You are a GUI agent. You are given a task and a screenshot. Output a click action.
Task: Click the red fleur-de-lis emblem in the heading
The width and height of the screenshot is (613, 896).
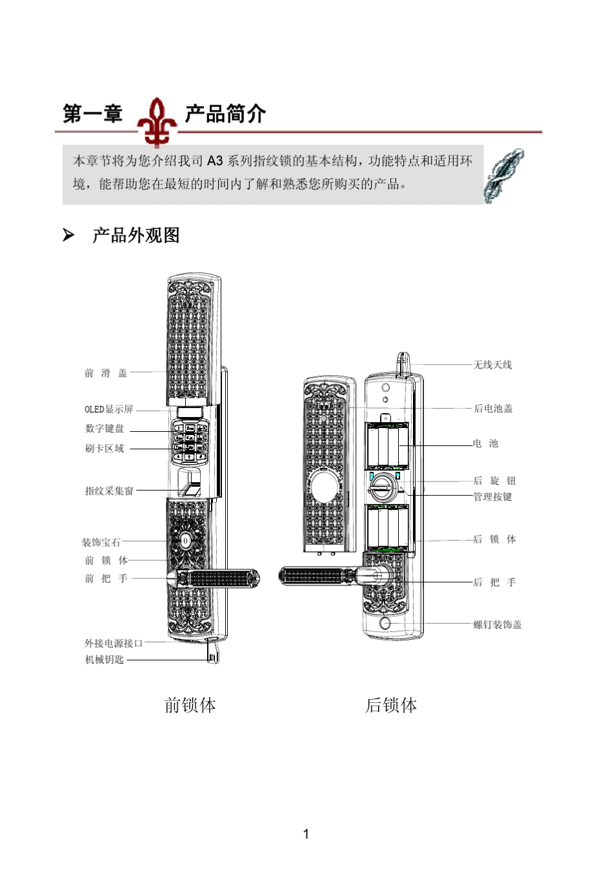coord(157,121)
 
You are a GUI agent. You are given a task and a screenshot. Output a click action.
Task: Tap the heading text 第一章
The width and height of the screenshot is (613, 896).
coord(92,114)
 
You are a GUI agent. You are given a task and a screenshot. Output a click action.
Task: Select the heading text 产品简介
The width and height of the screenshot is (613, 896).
coord(225,114)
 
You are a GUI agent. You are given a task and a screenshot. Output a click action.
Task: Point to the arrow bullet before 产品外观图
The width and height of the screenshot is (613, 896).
coord(68,236)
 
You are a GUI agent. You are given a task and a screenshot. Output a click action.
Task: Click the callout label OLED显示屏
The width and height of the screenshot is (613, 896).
coord(108,409)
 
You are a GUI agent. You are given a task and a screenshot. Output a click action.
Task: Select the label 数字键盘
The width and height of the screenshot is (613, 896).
coord(104,429)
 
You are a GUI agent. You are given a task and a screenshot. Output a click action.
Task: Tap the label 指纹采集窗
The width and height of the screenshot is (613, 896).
coord(109,491)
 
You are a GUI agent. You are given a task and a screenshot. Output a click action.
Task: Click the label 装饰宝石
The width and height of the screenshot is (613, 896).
coord(101,542)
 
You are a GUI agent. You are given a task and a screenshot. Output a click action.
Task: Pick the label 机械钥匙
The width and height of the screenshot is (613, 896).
coord(104,660)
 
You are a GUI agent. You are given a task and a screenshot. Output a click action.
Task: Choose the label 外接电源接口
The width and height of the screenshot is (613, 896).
coord(114,643)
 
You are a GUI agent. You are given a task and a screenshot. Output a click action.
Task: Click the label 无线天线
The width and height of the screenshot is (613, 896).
coord(492,365)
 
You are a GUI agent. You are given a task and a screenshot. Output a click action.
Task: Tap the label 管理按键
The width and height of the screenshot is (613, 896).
coord(492,496)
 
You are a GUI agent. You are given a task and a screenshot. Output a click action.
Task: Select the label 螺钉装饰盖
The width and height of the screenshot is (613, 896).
coord(497,624)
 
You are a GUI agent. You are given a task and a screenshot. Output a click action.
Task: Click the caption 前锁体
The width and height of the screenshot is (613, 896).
coord(190,706)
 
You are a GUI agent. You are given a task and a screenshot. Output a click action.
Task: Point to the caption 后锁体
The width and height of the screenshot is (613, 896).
coord(391,706)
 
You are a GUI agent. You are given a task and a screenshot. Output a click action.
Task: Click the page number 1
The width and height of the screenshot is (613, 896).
coord(306,834)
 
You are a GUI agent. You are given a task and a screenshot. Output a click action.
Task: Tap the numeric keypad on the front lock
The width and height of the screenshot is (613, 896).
coord(190,442)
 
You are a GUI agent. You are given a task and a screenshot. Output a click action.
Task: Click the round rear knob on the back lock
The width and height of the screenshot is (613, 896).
coord(382,485)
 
